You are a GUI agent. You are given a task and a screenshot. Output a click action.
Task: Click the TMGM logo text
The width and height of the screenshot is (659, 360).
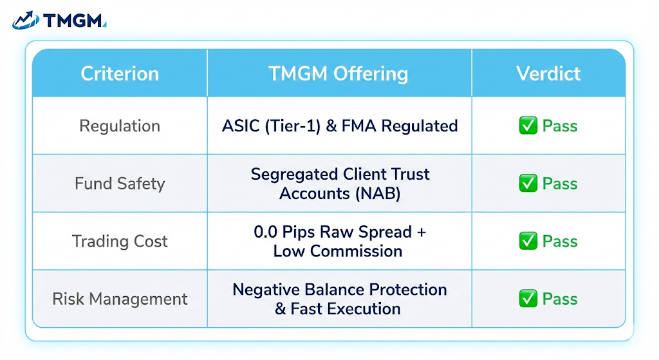pos(74,21)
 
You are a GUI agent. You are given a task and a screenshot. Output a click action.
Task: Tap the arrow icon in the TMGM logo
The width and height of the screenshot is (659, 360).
pos(26,21)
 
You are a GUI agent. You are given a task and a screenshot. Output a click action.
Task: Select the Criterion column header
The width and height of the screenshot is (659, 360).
pos(120,73)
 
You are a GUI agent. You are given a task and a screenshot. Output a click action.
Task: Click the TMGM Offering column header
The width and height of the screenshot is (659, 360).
pos(339,73)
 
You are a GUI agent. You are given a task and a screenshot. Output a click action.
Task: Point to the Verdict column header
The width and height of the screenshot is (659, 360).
pos(548,73)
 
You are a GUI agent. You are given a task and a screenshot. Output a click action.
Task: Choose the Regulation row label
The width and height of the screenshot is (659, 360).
pos(120,126)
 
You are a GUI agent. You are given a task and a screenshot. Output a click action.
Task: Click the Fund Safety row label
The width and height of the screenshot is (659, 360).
pos(120,184)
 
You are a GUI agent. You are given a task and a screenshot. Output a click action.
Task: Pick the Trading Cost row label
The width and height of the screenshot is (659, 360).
pos(120,242)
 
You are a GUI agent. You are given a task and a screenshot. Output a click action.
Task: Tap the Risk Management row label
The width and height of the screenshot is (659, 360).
pos(120,299)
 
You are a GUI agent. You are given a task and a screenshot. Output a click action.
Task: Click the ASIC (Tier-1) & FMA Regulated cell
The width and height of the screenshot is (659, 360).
pos(340,126)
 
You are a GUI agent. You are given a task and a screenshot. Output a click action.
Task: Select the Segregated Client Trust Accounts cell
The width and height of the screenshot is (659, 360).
pos(340,184)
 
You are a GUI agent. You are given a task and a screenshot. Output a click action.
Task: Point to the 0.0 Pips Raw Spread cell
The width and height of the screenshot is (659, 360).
pos(340,242)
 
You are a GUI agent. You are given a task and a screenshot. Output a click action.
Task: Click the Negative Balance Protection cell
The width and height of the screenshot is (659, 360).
pos(340,299)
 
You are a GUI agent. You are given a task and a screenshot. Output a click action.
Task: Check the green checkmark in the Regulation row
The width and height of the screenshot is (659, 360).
pos(528,126)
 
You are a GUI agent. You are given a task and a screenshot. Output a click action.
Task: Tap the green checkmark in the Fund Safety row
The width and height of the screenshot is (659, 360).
pos(528,184)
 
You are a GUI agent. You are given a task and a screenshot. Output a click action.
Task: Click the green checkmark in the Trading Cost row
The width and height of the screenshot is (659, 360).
pos(528,242)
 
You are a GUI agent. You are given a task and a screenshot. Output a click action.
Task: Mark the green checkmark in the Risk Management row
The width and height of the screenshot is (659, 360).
pos(528,299)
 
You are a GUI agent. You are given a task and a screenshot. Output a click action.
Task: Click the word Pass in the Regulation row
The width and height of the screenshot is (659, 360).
pos(560,126)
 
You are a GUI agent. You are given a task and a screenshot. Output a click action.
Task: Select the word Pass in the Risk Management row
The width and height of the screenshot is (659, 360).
pos(560,299)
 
